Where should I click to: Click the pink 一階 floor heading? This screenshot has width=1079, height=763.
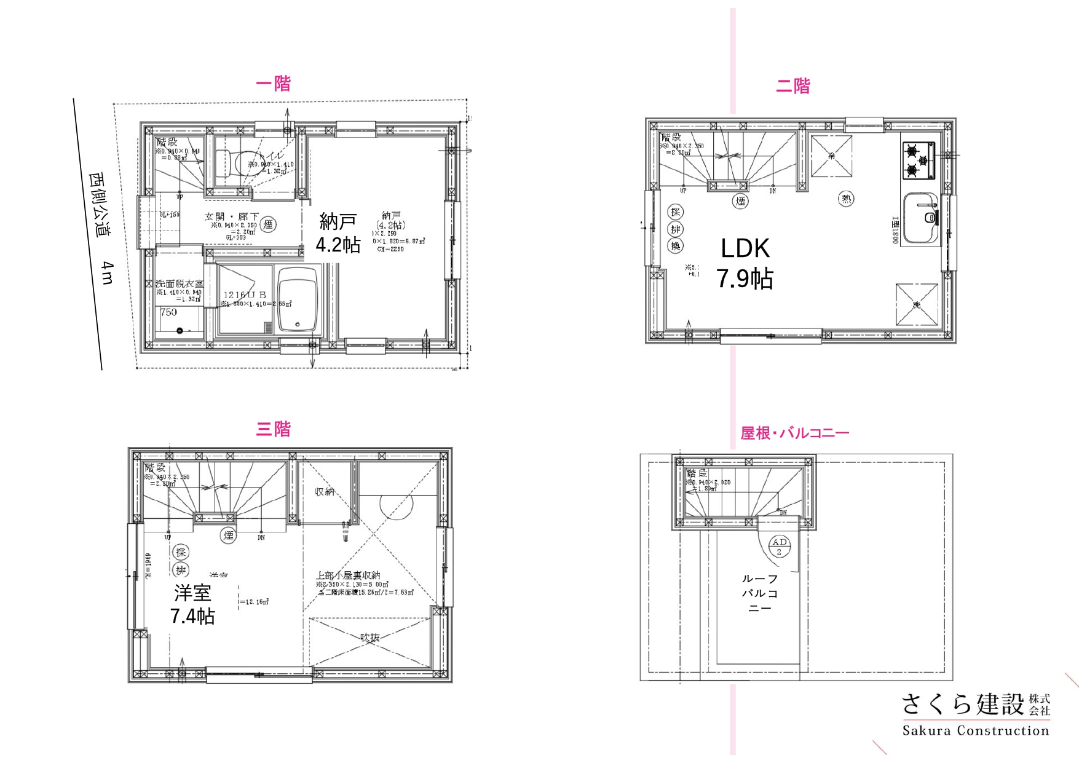coord(273,84)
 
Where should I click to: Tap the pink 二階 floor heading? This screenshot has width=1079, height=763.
coord(792,86)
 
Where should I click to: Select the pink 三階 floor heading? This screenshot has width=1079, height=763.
coord(273,429)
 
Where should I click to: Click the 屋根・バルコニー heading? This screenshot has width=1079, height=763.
coord(794,433)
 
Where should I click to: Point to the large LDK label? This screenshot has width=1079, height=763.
coord(745,249)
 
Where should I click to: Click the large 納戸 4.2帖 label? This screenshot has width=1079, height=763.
coord(338,233)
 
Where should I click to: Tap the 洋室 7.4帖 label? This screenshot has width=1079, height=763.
coord(192,604)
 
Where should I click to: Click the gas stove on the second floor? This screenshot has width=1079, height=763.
coord(918,160)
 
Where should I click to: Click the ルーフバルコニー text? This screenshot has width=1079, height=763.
coord(760,593)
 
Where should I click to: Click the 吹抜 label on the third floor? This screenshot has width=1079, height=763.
coord(370,638)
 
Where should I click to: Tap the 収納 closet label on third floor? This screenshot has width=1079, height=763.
coord(325,491)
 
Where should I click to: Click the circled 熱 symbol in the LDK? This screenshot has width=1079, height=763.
coord(846,198)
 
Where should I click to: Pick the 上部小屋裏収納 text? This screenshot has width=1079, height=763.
coord(348,575)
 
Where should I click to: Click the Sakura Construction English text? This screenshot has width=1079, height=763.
coord(976,731)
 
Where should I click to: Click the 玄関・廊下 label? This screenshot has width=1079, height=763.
coord(232,216)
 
